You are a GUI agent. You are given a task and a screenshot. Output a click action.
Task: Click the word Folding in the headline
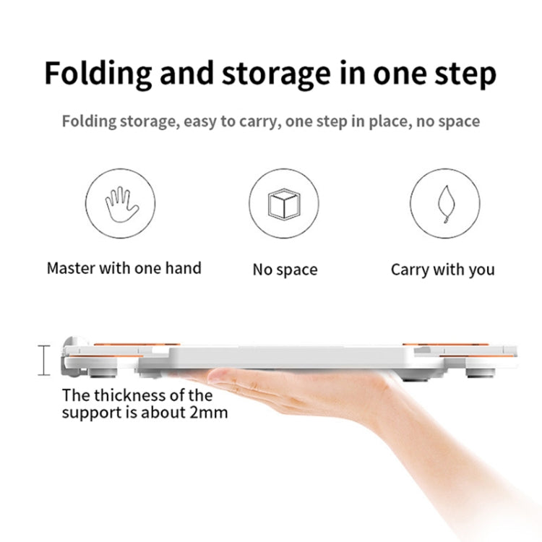coord(99,74)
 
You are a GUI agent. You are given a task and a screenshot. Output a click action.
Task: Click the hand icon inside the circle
coord(121,205)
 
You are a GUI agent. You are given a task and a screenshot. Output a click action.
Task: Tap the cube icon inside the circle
coord(285,205)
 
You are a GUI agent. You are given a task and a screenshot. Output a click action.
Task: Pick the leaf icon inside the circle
coord(446,205)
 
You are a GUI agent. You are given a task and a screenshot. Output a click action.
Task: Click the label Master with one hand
coord(124,268)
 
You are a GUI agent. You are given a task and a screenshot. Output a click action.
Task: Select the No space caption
coord(285,270)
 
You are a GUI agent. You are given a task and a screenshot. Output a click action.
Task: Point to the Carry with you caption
coord(442,270)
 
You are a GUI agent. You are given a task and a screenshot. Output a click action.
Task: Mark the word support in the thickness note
coord(90,413)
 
